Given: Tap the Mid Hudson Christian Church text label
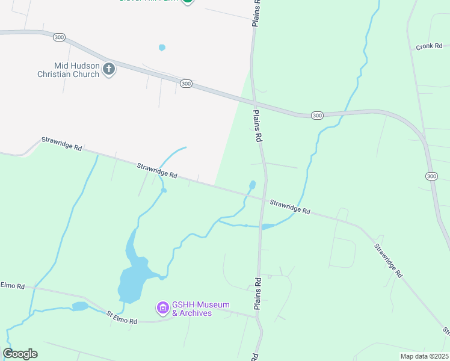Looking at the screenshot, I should pyautogui.click(x=67, y=69).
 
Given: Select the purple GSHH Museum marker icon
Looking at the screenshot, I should pyautogui.click(x=162, y=309).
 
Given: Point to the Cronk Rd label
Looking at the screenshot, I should pyautogui.click(x=429, y=46).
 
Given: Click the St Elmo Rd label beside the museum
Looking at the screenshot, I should pyautogui.click(x=122, y=317).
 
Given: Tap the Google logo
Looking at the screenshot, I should pyautogui.click(x=20, y=354).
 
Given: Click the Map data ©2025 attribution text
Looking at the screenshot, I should pyautogui.click(x=424, y=356).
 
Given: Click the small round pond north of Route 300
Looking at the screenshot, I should pyautogui.click(x=161, y=48).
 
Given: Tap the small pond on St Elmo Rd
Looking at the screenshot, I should pyautogui.click(x=80, y=306).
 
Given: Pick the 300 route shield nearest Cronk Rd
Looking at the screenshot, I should pyautogui.click(x=431, y=176).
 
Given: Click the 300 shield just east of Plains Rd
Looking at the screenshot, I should pyautogui.click(x=317, y=115).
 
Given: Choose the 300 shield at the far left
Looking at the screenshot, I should pyautogui.click(x=59, y=37).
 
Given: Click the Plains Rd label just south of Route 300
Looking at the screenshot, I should pyautogui.click(x=258, y=125).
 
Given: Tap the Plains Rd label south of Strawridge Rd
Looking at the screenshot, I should pyautogui.click(x=257, y=294).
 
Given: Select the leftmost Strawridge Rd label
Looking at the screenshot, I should pyautogui.click(x=61, y=144).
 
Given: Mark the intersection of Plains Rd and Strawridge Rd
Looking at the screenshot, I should pyautogui.click(x=262, y=199).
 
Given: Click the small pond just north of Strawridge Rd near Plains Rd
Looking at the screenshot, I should pyautogui.click(x=253, y=184).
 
